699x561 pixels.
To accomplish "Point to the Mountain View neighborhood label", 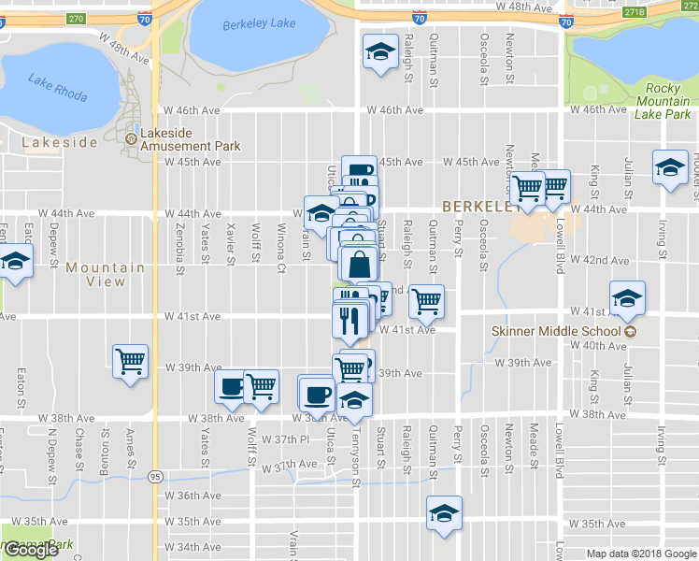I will coord(106,274).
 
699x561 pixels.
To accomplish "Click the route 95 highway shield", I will coord(151,477).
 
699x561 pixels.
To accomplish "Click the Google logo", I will coord(31,550).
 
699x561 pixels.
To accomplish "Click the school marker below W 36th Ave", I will coord(444,512).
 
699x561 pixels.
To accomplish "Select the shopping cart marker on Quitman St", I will coord(426,300).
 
